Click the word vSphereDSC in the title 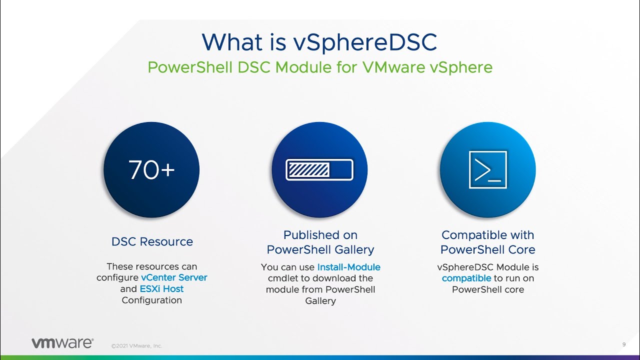(x=365, y=42)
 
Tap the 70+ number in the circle (x=151, y=170)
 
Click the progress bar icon (x=319, y=170)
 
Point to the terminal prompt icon (x=487, y=170)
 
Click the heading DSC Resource (x=152, y=241)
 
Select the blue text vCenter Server (x=174, y=277)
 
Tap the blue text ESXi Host (x=161, y=289)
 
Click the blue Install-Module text (x=348, y=267)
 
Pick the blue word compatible (x=466, y=278)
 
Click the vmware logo (x=62, y=343)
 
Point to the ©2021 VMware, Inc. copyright (x=136, y=345)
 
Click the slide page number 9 (x=624, y=344)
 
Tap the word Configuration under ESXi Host (x=152, y=300)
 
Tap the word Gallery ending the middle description (x=320, y=301)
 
